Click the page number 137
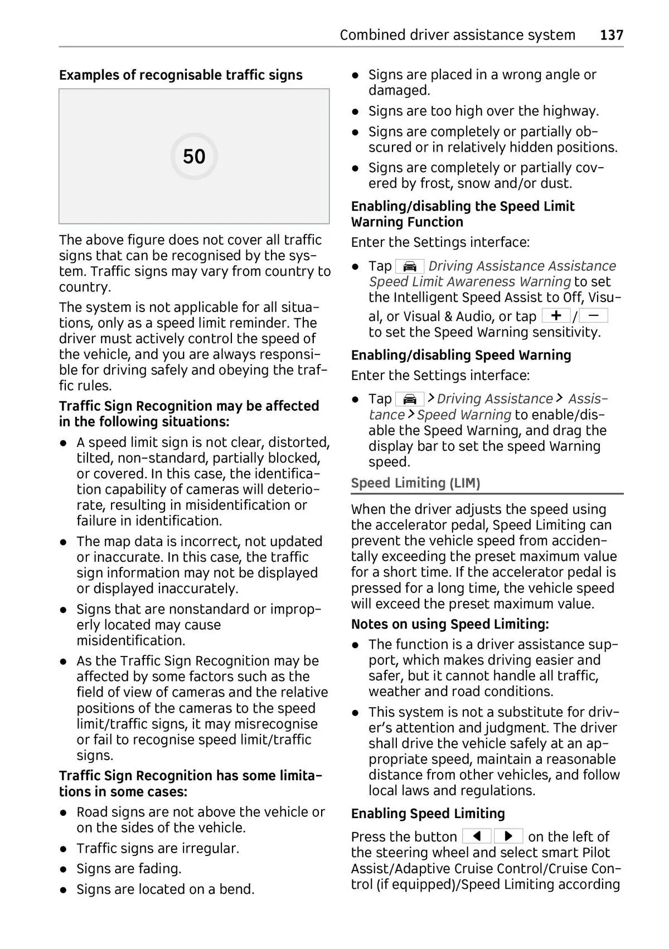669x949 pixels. click(612, 35)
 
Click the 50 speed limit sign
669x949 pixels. click(194, 157)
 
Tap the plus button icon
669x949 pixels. click(556, 316)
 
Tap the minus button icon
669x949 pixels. click(594, 316)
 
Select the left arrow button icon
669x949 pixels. click(477, 836)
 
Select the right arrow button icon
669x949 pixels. click(508, 836)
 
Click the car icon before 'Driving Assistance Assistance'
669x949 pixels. click(410, 266)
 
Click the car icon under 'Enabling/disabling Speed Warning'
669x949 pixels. click(410, 399)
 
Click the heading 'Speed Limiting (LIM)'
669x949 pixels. click(415, 483)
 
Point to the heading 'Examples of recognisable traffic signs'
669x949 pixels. click(181, 75)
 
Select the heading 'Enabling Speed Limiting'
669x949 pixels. click(428, 814)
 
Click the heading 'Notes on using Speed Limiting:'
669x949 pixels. click(450, 624)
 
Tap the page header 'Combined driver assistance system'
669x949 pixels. click(457, 35)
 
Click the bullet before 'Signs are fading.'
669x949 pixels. click(65, 869)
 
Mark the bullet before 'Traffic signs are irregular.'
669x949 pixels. click(65, 849)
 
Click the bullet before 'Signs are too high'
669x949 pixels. click(355, 111)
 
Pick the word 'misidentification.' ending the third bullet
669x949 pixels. click(131, 641)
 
